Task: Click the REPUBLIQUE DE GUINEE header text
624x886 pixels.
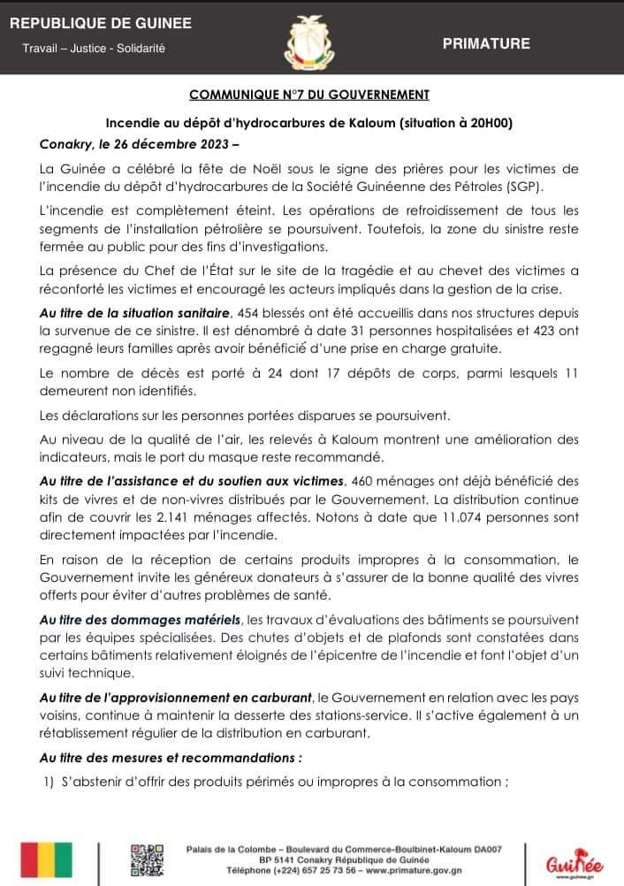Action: (x=100, y=23)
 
